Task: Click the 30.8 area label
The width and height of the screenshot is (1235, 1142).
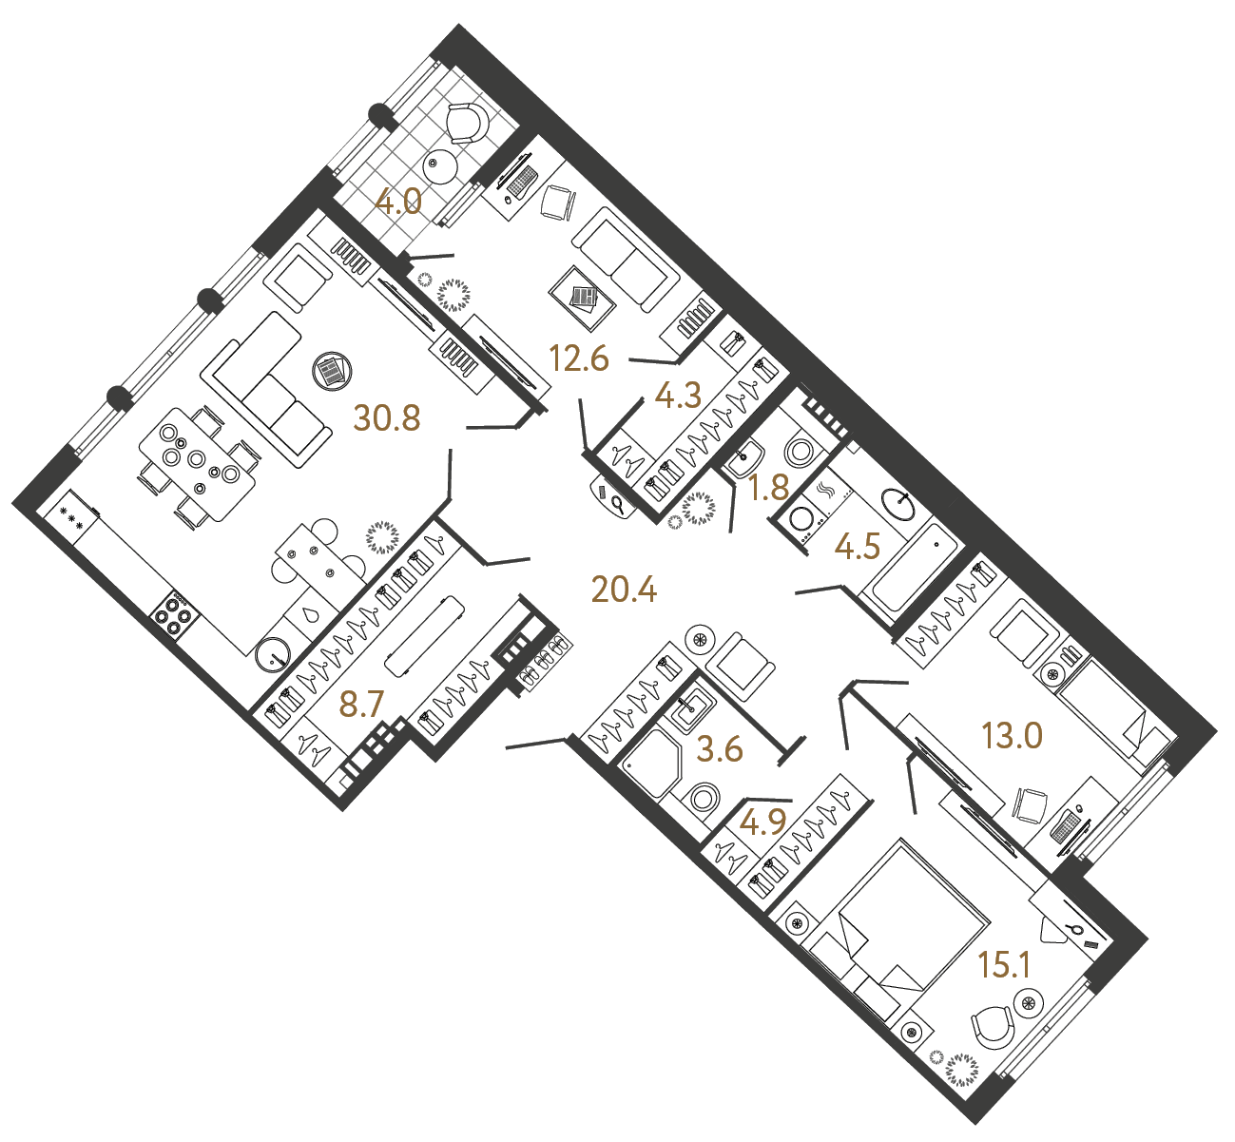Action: (x=386, y=417)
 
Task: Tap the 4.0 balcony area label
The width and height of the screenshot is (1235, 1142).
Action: (x=398, y=203)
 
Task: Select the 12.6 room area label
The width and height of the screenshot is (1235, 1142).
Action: (x=579, y=359)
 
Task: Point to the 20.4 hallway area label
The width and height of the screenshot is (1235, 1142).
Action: (x=624, y=590)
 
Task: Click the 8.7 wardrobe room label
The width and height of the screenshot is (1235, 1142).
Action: (x=361, y=705)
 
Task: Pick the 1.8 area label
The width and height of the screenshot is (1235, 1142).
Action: (x=768, y=488)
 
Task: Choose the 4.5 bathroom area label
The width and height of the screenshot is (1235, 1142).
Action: (x=857, y=547)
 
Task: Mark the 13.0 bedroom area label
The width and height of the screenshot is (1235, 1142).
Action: (x=1012, y=735)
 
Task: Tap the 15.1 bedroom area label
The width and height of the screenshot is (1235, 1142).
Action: (x=1005, y=965)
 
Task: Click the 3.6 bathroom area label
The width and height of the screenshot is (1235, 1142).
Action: (x=720, y=749)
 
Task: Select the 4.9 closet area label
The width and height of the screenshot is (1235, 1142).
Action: (x=762, y=822)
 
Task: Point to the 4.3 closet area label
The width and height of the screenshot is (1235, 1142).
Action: (x=678, y=396)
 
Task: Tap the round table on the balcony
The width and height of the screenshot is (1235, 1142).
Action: (x=440, y=165)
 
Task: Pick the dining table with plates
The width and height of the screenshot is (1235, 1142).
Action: (x=198, y=464)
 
